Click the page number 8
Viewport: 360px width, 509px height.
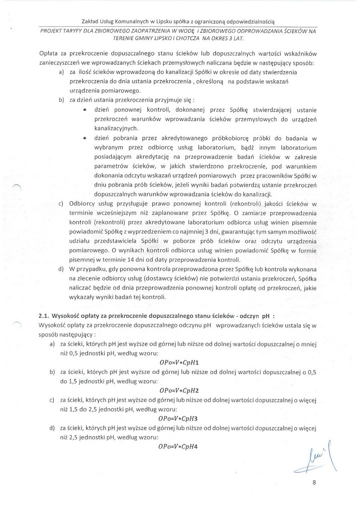314,482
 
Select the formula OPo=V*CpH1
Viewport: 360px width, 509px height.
179,363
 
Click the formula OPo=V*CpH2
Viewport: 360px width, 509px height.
179,391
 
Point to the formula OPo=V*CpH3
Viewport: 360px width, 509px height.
179,419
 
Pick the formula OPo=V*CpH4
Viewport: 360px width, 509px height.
179,447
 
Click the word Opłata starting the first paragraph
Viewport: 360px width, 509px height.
49,54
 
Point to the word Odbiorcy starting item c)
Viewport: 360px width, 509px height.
82,204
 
